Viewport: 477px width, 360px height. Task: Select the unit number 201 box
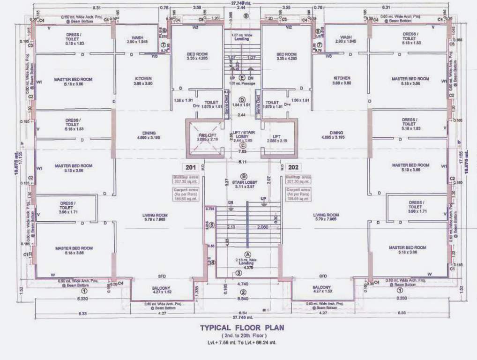(191, 167)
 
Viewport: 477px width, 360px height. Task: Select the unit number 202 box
(293, 167)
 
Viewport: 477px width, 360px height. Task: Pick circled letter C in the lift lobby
(242, 145)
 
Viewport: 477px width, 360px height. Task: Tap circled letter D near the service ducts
(242, 99)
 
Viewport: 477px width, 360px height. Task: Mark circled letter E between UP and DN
(242, 77)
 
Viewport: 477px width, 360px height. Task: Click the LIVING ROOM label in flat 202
(327, 215)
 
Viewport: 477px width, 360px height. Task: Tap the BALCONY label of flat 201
(161, 287)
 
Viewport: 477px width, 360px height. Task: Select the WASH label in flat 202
(346, 37)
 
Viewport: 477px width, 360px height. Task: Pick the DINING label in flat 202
(336, 133)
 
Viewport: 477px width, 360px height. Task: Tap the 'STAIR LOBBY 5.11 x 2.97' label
(243, 184)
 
